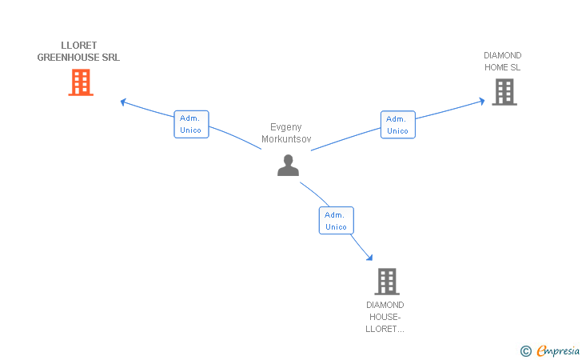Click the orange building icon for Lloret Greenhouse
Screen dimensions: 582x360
tap(81, 82)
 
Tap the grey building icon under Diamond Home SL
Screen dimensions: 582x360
tap(504, 92)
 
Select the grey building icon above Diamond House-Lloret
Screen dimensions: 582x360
tap(387, 282)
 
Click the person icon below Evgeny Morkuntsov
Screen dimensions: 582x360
tap(288, 166)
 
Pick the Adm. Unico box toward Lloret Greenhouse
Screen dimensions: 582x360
tap(192, 125)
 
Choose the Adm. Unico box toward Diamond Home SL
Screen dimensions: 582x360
tap(398, 125)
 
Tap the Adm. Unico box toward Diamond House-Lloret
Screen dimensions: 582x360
tap(337, 221)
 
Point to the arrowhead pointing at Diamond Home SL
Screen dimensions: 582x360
tap(482, 101)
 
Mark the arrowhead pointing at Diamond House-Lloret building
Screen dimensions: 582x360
tap(369, 258)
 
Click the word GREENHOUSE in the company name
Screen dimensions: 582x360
tap(68, 58)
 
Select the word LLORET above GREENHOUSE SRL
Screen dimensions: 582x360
tap(78, 46)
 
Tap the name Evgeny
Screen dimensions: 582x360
tap(286, 127)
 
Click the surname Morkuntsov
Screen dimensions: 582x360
tap(286, 139)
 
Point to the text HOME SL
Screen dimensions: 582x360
tap(502, 67)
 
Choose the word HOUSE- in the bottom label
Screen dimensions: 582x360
tap(385, 317)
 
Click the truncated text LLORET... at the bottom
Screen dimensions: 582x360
tap(385, 329)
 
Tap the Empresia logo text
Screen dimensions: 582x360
tap(558, 350)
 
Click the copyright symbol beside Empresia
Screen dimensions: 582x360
tap(526, 351)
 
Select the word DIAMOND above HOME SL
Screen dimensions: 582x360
tap(502, 55)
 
